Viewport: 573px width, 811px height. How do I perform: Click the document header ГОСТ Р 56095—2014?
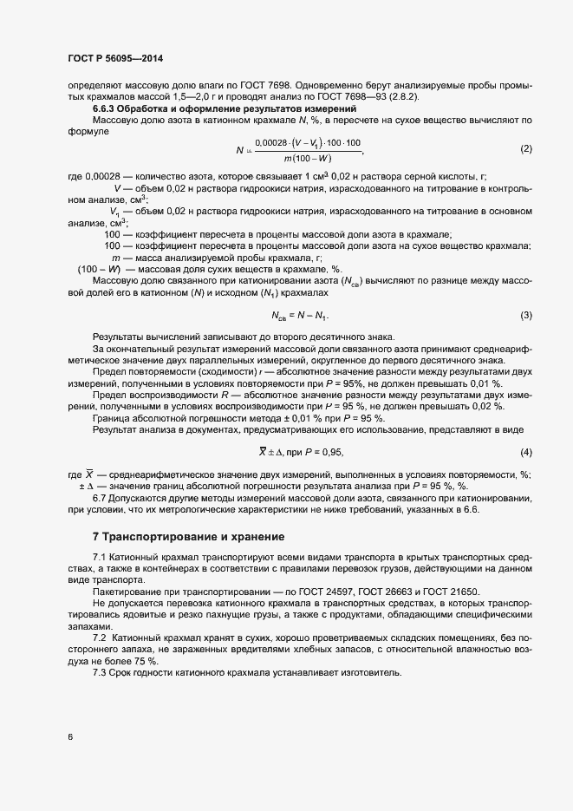tap(114, 58)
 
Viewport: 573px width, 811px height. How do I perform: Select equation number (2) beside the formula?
tap(525, 148)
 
